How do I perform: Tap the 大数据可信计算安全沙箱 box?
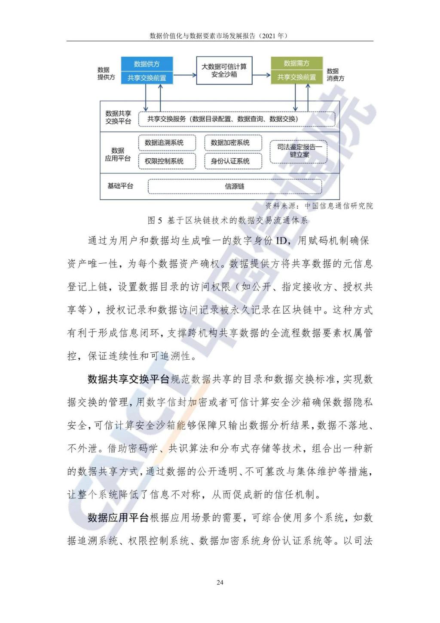(224, 71)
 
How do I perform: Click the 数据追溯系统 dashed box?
(167, 143)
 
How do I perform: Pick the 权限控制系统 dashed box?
(167, 161)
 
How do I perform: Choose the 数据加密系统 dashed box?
(233, 143)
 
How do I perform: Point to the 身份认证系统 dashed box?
(233, 161)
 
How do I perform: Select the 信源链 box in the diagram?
(235, 186)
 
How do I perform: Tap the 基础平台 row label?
(120, 186)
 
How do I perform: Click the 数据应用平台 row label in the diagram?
(118, 154)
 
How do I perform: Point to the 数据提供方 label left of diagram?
(106, 74)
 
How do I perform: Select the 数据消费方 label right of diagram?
(335, 74)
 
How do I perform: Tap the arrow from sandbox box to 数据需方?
(261, 75)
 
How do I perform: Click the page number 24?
(220, 583)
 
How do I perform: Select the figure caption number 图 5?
(155, 221)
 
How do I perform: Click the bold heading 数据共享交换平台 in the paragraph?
(128, 379)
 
